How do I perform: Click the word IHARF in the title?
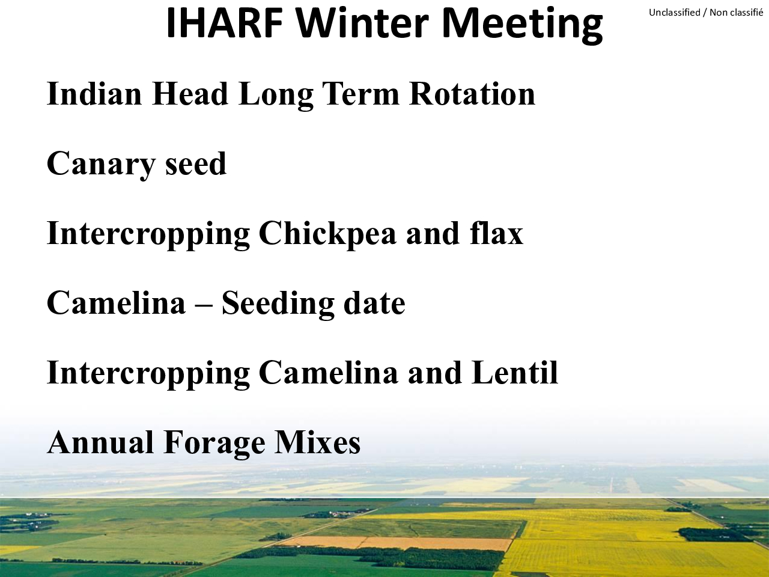[x=225, y=23]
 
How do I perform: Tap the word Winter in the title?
[x=363, y=23]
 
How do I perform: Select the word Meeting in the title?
[x=522, y=26]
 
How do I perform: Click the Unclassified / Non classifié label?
[x=706, y=13]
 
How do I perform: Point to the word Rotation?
[x=472, y=93]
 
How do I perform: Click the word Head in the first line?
[x=190, y=93]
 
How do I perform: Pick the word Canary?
[x=102, y=165]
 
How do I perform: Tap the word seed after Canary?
[x=196, y=163]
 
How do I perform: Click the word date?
[x=374, y=303]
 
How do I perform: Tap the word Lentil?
[x=515, y=372]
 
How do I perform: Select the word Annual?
[x=100, y=442]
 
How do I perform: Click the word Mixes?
[x=317, y=442]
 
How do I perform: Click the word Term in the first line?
[x=362, y=93]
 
